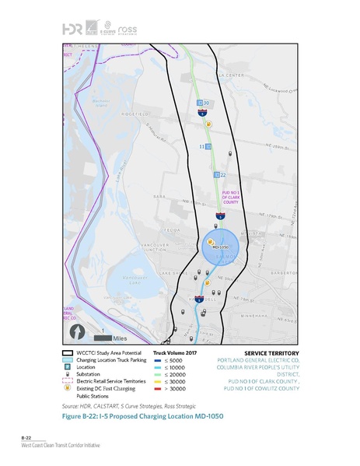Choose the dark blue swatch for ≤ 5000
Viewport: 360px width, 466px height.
pyautogui.click(x=157, y=360)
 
